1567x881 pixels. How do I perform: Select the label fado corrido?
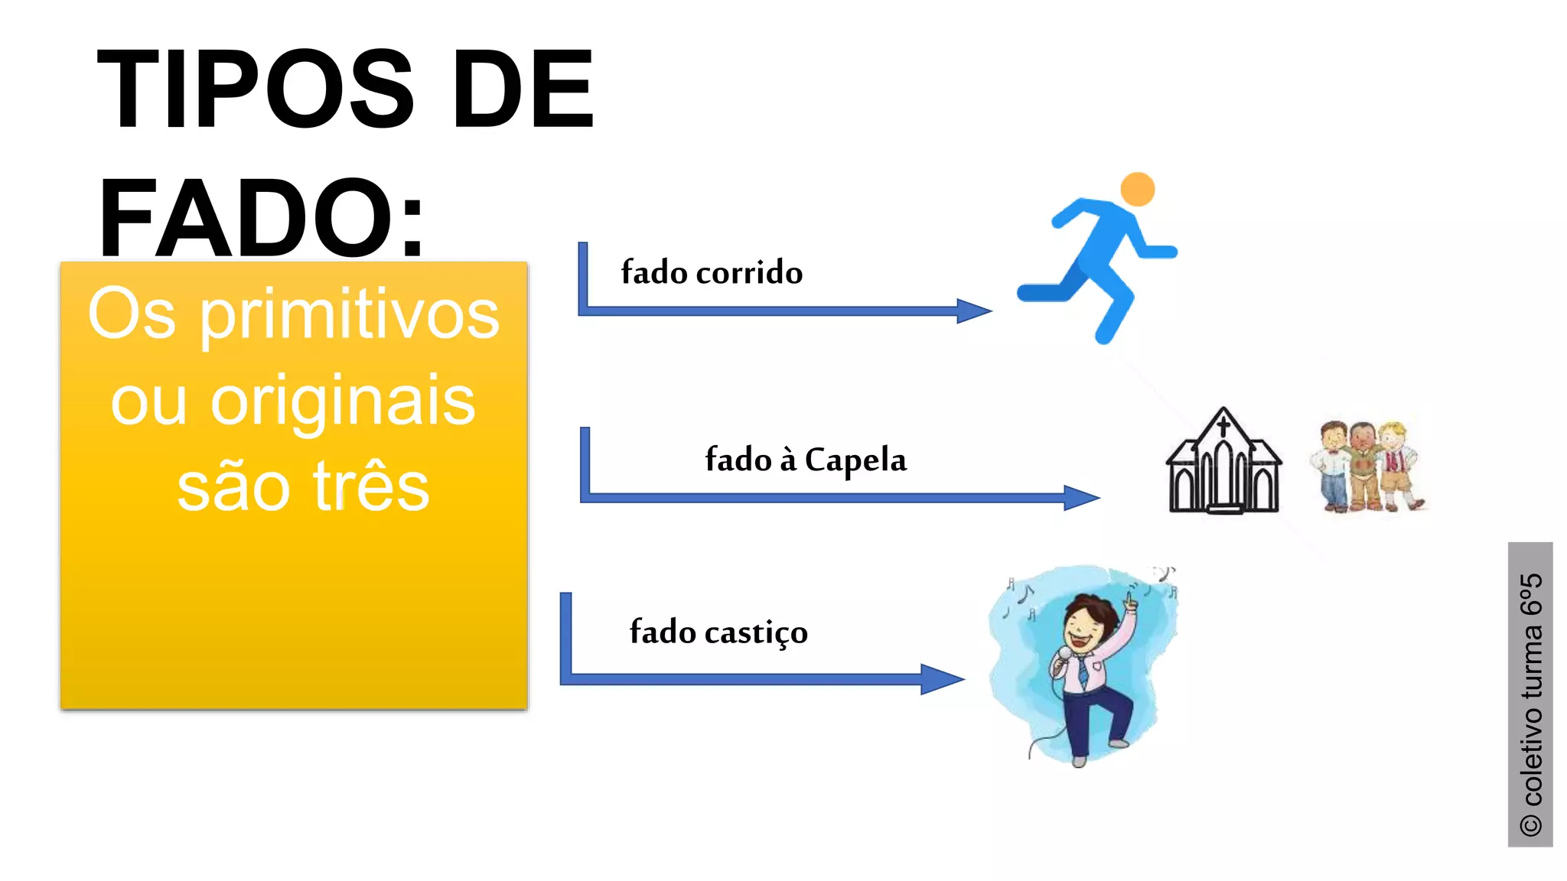(x=712, y=273)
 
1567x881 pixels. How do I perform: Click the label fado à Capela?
(x=806, y=460)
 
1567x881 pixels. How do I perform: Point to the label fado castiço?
(x=718, y=632)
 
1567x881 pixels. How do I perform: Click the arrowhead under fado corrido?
(x=974, y=310)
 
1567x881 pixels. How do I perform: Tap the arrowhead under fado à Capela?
(x=1081, y=498)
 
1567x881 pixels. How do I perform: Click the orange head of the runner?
(x=1137, y=189)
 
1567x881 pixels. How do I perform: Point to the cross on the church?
(x=1223, y=423)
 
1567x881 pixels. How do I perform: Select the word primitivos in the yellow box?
(x=350, y=315)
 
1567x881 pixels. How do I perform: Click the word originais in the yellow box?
(x=342, y=401)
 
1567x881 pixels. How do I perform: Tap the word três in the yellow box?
(x=371, y=487)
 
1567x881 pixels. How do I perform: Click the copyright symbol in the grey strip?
(x=1530, y=825)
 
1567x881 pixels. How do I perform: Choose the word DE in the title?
(x=523, y=89)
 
